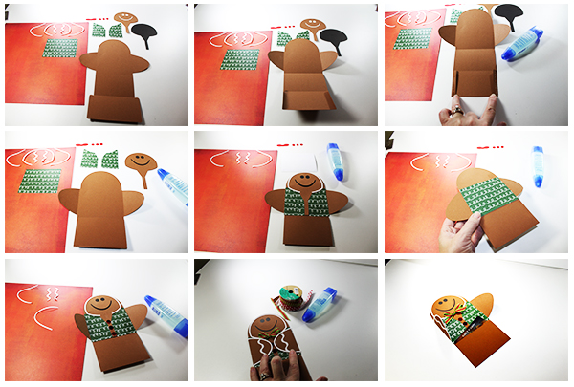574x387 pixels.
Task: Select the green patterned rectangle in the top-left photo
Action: pyautogui.click(x=59, y=51)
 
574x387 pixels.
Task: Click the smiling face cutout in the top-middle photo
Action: pyautogui.click(x=312, y=23)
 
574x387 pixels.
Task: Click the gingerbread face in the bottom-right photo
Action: pyautogui.click(x=443, y=307)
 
